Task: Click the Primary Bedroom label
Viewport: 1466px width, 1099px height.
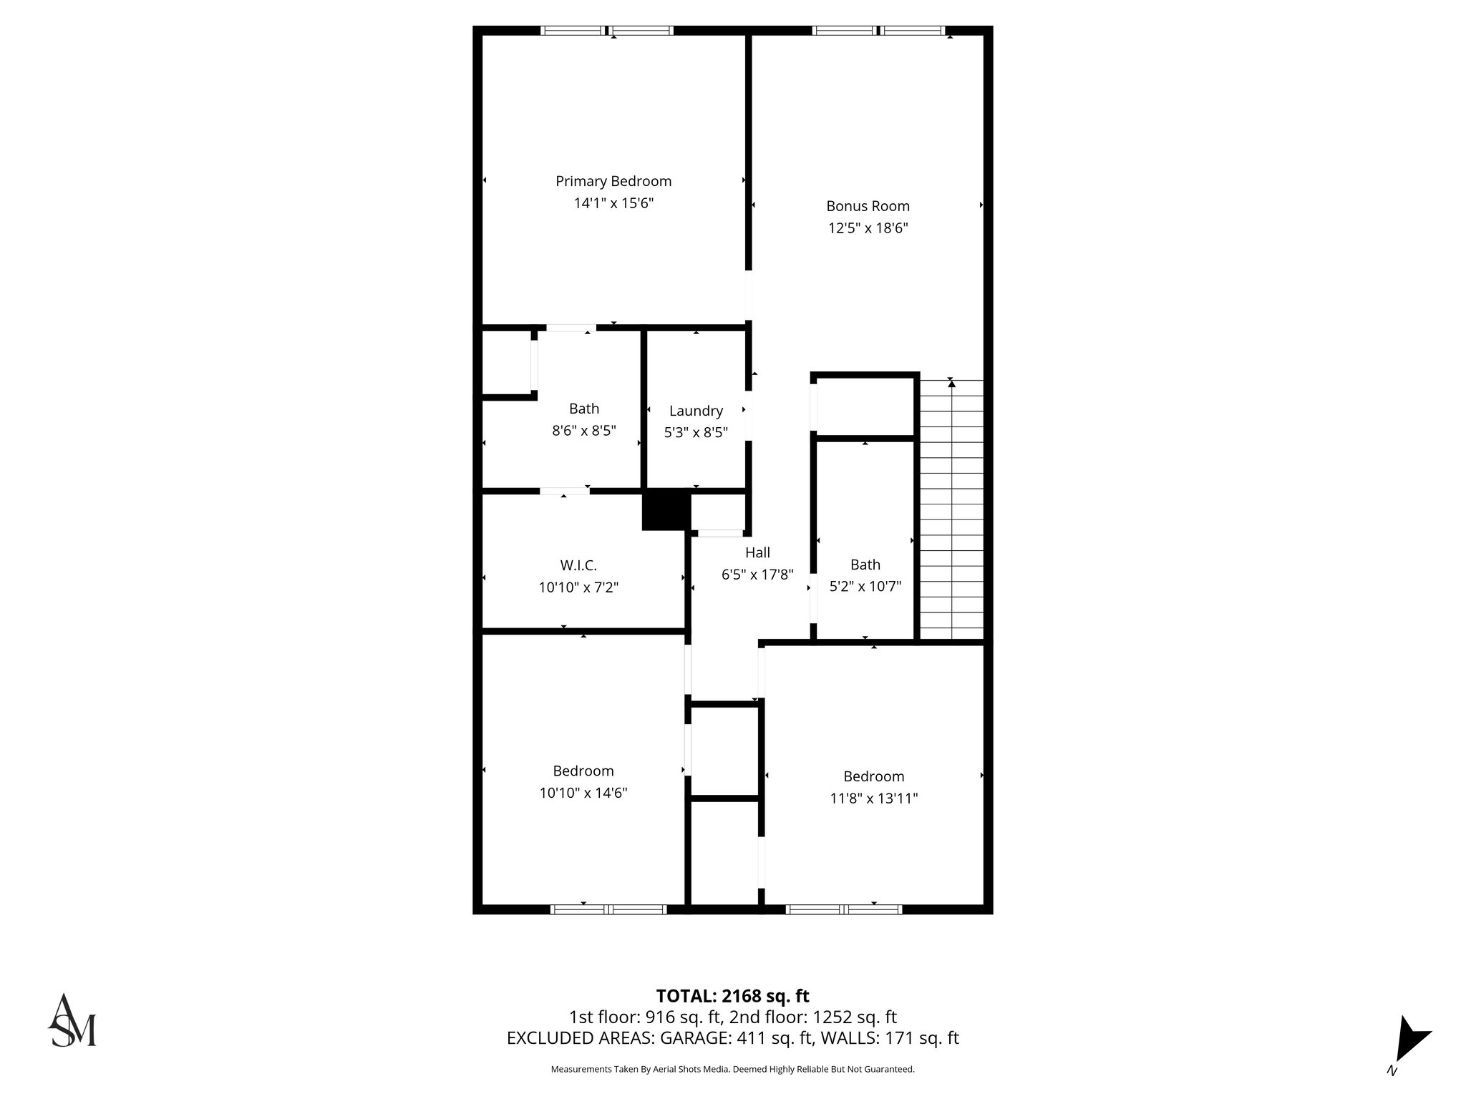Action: [x=613, y=181]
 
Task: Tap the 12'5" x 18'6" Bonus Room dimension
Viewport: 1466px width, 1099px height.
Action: [x=868, y=228]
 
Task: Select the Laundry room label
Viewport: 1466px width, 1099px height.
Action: [x=696, y=411]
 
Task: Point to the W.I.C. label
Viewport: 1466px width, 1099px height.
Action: [x=578, y=566]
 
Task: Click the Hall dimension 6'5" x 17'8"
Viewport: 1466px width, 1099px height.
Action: [x=757, y=574]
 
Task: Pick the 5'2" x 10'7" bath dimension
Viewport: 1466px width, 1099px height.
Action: [x=865, y=586]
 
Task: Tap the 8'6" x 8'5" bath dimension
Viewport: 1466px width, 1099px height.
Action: [x=583, y=431]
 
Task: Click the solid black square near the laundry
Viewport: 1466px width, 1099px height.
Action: [x=666, y=511]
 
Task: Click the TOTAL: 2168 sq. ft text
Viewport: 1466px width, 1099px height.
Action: [x=732, y=996]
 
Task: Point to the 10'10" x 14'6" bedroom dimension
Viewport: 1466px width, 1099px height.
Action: [x=583, y=793]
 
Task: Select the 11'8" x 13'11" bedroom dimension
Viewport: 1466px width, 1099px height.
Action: [x=873, y=798]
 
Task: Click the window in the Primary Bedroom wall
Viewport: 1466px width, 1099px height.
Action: [x=606, y=31]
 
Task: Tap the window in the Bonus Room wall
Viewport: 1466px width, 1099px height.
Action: [x=878, y=31]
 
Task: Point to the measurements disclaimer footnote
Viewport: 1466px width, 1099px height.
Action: [x=732, y=1069]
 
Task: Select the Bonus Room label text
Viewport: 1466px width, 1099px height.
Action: [x=868, y=206]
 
